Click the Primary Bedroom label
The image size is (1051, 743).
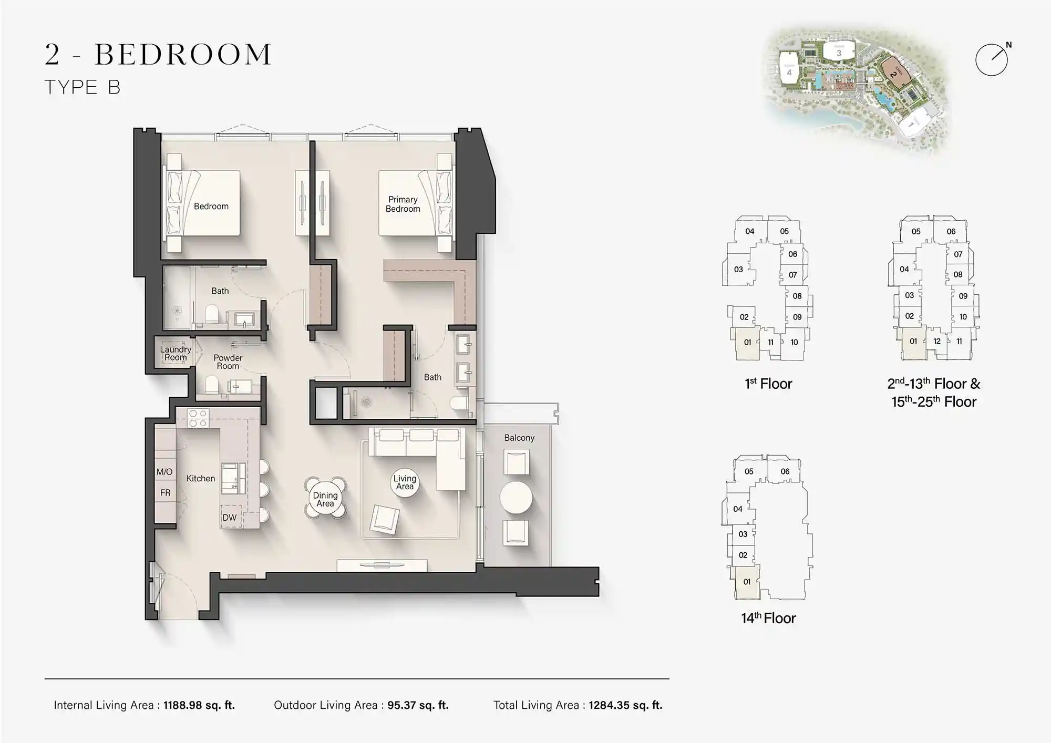(403, 204)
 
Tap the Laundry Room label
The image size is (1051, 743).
(176, 353)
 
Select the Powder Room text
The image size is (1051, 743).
(228, 362)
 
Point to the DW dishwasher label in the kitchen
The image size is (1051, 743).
(229, 517)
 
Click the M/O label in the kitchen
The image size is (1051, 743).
(164, 472)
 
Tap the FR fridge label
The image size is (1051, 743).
(165, 493)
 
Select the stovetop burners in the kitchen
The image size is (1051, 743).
(198, 418)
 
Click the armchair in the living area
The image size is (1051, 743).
(384, 519)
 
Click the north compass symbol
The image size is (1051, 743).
(992, 59)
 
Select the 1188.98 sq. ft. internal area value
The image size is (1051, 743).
(199, 705)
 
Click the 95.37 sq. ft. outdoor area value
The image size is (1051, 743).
(418, 705)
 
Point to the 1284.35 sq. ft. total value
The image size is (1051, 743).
(625, 705)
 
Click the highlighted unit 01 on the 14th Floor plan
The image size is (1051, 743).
(747, 582)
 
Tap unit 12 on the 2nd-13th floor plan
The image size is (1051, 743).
(936, 341)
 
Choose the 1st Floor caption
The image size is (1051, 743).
(768, 384)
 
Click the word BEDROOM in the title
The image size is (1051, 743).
(183, 55)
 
